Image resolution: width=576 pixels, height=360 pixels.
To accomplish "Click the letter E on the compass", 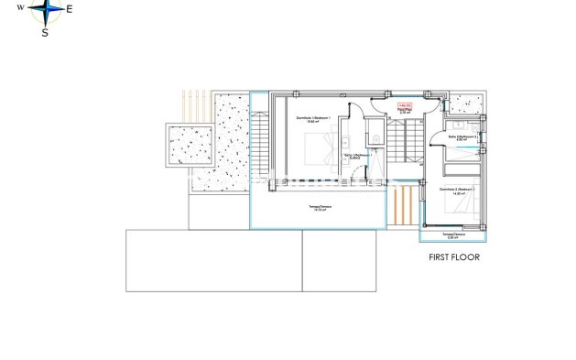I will pos(72,9).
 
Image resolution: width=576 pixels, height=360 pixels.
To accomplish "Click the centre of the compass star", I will pos(46,11).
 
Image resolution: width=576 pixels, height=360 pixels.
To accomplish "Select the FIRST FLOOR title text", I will pos(454,257).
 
